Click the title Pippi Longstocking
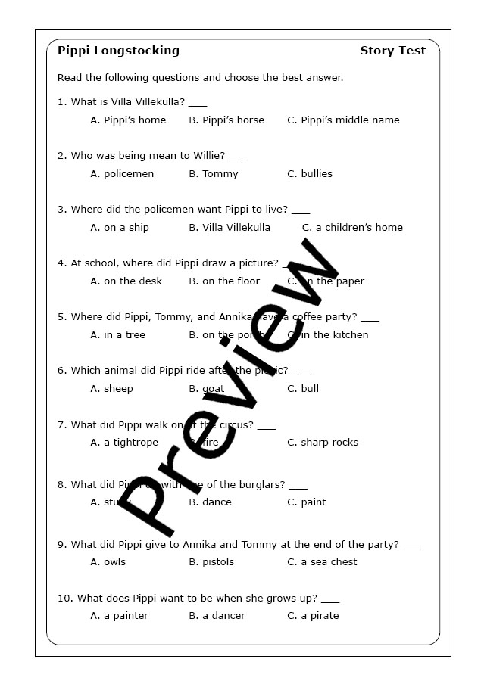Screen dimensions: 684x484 point(118,51)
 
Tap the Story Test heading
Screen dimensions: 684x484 point(392,51)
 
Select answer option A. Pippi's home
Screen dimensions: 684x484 point(128,120)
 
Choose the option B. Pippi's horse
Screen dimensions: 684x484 point(226,120)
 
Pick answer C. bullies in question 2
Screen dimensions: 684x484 point(310,173)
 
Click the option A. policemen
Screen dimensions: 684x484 point(122,173)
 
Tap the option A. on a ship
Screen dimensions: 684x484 point(120,227)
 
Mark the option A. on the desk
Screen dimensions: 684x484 point(126,281)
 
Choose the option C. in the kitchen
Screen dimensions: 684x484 point(328,334)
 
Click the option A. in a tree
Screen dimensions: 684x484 point(117,334)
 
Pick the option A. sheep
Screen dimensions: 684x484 point(111,388)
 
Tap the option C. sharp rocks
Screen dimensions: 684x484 point(323,442)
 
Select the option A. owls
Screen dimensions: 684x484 point(108,561)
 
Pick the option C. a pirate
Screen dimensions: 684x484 point(313,615)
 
